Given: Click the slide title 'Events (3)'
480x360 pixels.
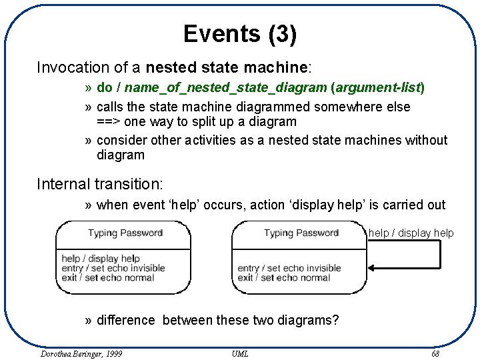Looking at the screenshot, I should coord(240,34).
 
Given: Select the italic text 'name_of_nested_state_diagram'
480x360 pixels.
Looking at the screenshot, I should coord(225,87).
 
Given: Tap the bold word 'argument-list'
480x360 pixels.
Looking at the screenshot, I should coord(377,87).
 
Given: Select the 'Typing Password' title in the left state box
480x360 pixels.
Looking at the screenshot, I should coord(125,233).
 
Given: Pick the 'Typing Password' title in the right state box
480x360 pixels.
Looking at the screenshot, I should coord(301,233).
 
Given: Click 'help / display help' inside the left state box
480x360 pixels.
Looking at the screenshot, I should coord(100,259).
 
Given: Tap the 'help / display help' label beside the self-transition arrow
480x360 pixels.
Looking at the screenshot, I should coord(411,233).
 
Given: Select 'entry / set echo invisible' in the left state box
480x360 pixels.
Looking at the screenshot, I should coord(113,268).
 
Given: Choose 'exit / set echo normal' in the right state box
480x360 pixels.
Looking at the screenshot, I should coord(284,277).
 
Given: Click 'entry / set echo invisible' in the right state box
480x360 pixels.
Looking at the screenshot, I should coord(289,268).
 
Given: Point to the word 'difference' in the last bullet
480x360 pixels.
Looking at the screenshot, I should coord(126,321).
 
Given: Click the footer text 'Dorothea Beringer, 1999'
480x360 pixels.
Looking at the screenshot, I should coord(77,353).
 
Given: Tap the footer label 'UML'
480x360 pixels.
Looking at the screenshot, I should coord(240,353).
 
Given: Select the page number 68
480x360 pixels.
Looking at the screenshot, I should coord(435,353).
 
